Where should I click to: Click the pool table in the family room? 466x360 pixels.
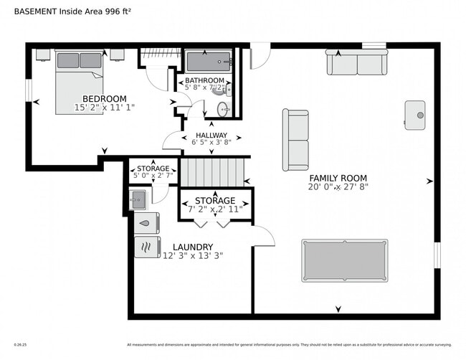[344, 260]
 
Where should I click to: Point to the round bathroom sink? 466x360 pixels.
[222, 109]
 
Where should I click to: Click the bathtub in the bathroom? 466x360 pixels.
[209, 61]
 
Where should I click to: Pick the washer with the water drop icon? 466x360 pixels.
[146, 223]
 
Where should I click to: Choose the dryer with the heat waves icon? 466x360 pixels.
[147, 247]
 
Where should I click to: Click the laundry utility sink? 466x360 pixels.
[138, 198]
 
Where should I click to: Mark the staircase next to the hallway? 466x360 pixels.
[211, 172]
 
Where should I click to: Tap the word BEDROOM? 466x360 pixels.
[104, 99]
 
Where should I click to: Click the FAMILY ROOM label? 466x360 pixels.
[338, 178]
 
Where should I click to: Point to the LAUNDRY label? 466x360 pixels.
[192, 247]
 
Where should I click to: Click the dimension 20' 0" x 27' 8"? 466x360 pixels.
[338, 187]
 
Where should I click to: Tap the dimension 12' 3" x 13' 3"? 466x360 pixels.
[192, 255]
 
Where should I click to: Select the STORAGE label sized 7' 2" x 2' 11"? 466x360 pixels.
[214, 200]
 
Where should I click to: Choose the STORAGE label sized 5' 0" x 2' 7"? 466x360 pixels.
[153, 169]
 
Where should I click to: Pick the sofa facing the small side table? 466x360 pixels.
[295, 140]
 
